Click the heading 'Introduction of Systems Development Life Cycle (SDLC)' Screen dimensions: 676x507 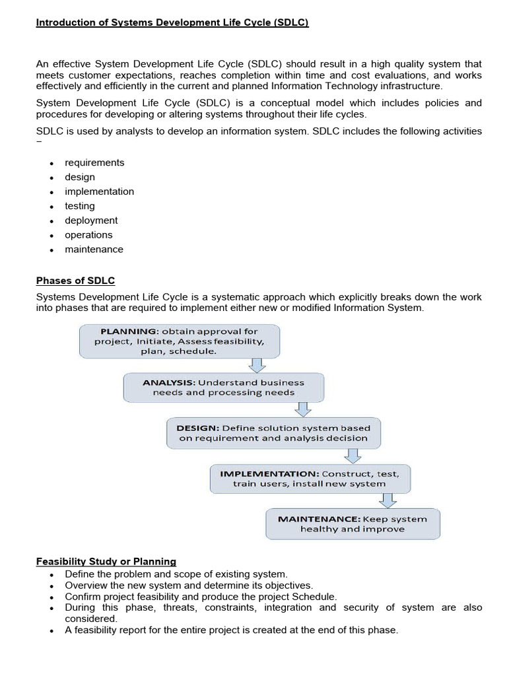[172, 22]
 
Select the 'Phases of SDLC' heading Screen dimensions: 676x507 [75, 281]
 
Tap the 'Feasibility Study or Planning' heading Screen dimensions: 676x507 [106, 562]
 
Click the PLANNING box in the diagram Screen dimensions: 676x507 [180, 341]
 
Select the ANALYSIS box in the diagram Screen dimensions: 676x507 [223, 388]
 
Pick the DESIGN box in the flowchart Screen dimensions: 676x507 [273, 432]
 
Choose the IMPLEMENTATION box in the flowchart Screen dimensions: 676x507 [309, 479]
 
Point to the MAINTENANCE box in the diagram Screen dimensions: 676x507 [352, 524]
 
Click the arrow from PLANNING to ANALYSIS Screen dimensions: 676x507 [257, 366]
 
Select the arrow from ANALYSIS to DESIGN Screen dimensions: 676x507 [302, 409]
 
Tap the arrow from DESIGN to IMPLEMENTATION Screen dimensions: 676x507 [353, 456]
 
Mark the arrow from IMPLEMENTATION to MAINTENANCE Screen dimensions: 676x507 [389, 500]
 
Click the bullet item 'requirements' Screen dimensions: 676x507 [94, 162]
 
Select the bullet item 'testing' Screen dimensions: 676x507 [80, 206]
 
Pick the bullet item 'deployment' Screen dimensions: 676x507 [91, 220]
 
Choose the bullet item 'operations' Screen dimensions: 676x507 [88, 235]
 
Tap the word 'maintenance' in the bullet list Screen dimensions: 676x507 [94, 250]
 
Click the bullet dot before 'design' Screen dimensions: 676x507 [51, 178]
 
